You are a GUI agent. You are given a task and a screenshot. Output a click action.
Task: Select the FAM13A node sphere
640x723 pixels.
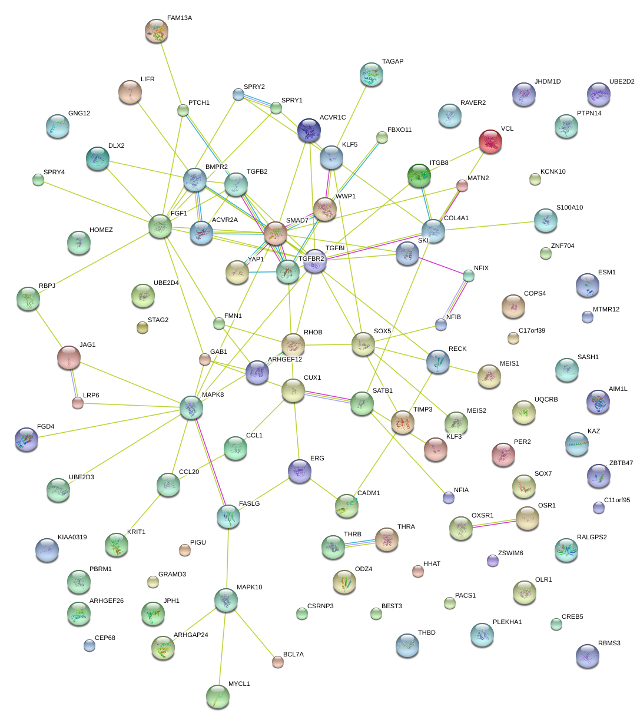(157, 31)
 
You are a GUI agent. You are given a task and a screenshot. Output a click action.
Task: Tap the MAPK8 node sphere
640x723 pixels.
(191, 407)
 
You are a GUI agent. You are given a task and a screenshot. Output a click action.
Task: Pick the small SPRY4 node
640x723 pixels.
(38, 180)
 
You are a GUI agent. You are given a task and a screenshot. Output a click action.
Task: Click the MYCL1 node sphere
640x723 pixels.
(218, 697)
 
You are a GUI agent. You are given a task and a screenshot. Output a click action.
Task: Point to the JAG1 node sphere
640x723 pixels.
(69, 357)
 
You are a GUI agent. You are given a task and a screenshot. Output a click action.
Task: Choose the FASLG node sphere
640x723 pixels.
(228, 516)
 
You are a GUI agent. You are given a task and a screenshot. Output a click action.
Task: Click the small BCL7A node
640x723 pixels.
(278, 662)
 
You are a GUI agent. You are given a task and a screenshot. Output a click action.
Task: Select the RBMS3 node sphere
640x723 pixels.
(587, 656)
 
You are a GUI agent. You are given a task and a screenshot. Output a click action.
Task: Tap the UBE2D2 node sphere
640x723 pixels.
(599, 94)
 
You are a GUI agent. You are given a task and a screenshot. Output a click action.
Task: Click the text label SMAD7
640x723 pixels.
(297, 221)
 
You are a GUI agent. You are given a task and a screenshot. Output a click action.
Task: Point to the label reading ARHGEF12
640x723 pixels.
(285, 359)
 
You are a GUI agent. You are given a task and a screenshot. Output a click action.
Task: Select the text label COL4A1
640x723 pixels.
(456, 218)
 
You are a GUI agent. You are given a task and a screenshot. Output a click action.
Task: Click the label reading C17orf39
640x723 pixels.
(532, 331)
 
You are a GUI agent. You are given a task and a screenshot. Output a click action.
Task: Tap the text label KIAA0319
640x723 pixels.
(72, 538)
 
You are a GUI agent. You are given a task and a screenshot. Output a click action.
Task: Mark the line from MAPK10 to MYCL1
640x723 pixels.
(222, 648)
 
